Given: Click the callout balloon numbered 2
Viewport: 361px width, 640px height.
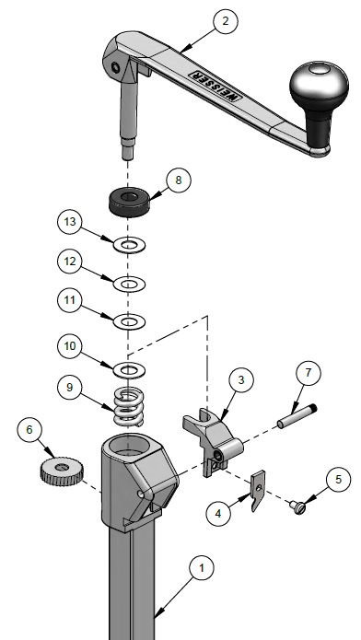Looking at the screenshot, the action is [x=226, y=21].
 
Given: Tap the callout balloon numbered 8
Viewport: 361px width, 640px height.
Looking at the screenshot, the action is [x=179, y=180].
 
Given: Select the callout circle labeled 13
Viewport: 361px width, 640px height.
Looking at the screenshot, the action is [x=70, y=222].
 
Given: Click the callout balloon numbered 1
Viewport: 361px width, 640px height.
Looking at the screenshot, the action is [x=202, y=568].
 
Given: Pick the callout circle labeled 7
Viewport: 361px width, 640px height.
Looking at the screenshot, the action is [x=308, y=372].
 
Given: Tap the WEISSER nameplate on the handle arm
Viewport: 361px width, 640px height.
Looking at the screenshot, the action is [x=214, y=87].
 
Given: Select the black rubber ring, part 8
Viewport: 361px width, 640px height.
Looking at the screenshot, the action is [x=129, y=202].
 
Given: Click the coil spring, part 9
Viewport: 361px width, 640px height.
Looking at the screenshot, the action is [x=129, y=406].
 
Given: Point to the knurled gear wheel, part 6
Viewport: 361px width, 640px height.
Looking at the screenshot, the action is [x=62, y=471].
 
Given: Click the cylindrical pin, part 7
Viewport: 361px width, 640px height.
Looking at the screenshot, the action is [x=297, y=415].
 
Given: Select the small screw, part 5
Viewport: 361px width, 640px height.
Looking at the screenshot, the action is [x=299, y=507].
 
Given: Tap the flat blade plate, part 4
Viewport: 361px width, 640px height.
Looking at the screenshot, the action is [x=258, y=490].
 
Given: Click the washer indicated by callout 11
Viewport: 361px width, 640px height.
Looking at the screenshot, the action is [x=129, y=322].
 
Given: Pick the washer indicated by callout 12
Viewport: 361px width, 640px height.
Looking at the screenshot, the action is [x=129, y=284].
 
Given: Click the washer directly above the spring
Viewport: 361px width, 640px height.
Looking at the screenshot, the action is [x=129, y=370].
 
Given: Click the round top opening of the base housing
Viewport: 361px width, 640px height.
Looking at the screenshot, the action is [x=129, y=445].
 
